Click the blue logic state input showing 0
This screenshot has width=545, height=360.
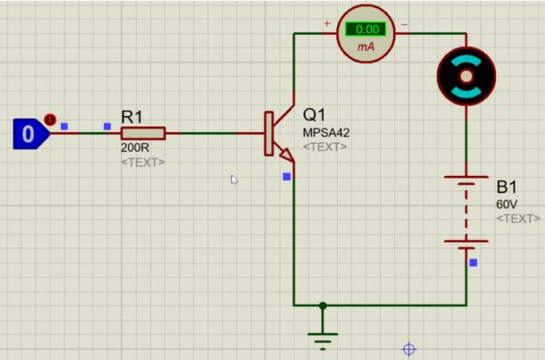coord(29,134)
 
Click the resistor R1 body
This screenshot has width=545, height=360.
coord(143,134)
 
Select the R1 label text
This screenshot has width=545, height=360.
coord(132,117)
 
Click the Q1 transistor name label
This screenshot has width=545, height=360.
coord(315,114)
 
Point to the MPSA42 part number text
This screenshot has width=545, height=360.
coord(326,133)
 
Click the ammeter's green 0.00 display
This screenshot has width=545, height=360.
coord(366,30)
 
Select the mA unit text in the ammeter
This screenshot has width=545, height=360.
coord(366,47)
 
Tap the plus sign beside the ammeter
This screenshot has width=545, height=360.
coord(327,24)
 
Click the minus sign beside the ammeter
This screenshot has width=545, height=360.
coord(404,24)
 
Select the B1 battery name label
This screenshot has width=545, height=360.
coord(507,187)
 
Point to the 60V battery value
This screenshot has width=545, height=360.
coord(507,205)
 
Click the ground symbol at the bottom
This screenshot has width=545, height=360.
coord(323,336)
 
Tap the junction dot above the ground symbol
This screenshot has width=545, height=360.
coord(323,306)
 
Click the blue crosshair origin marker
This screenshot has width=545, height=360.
coord(409,349)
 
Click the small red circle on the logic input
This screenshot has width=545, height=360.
coord(50,119)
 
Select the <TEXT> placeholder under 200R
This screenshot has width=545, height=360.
coord(142,162)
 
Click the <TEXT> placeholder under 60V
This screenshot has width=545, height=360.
coord(518,218)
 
